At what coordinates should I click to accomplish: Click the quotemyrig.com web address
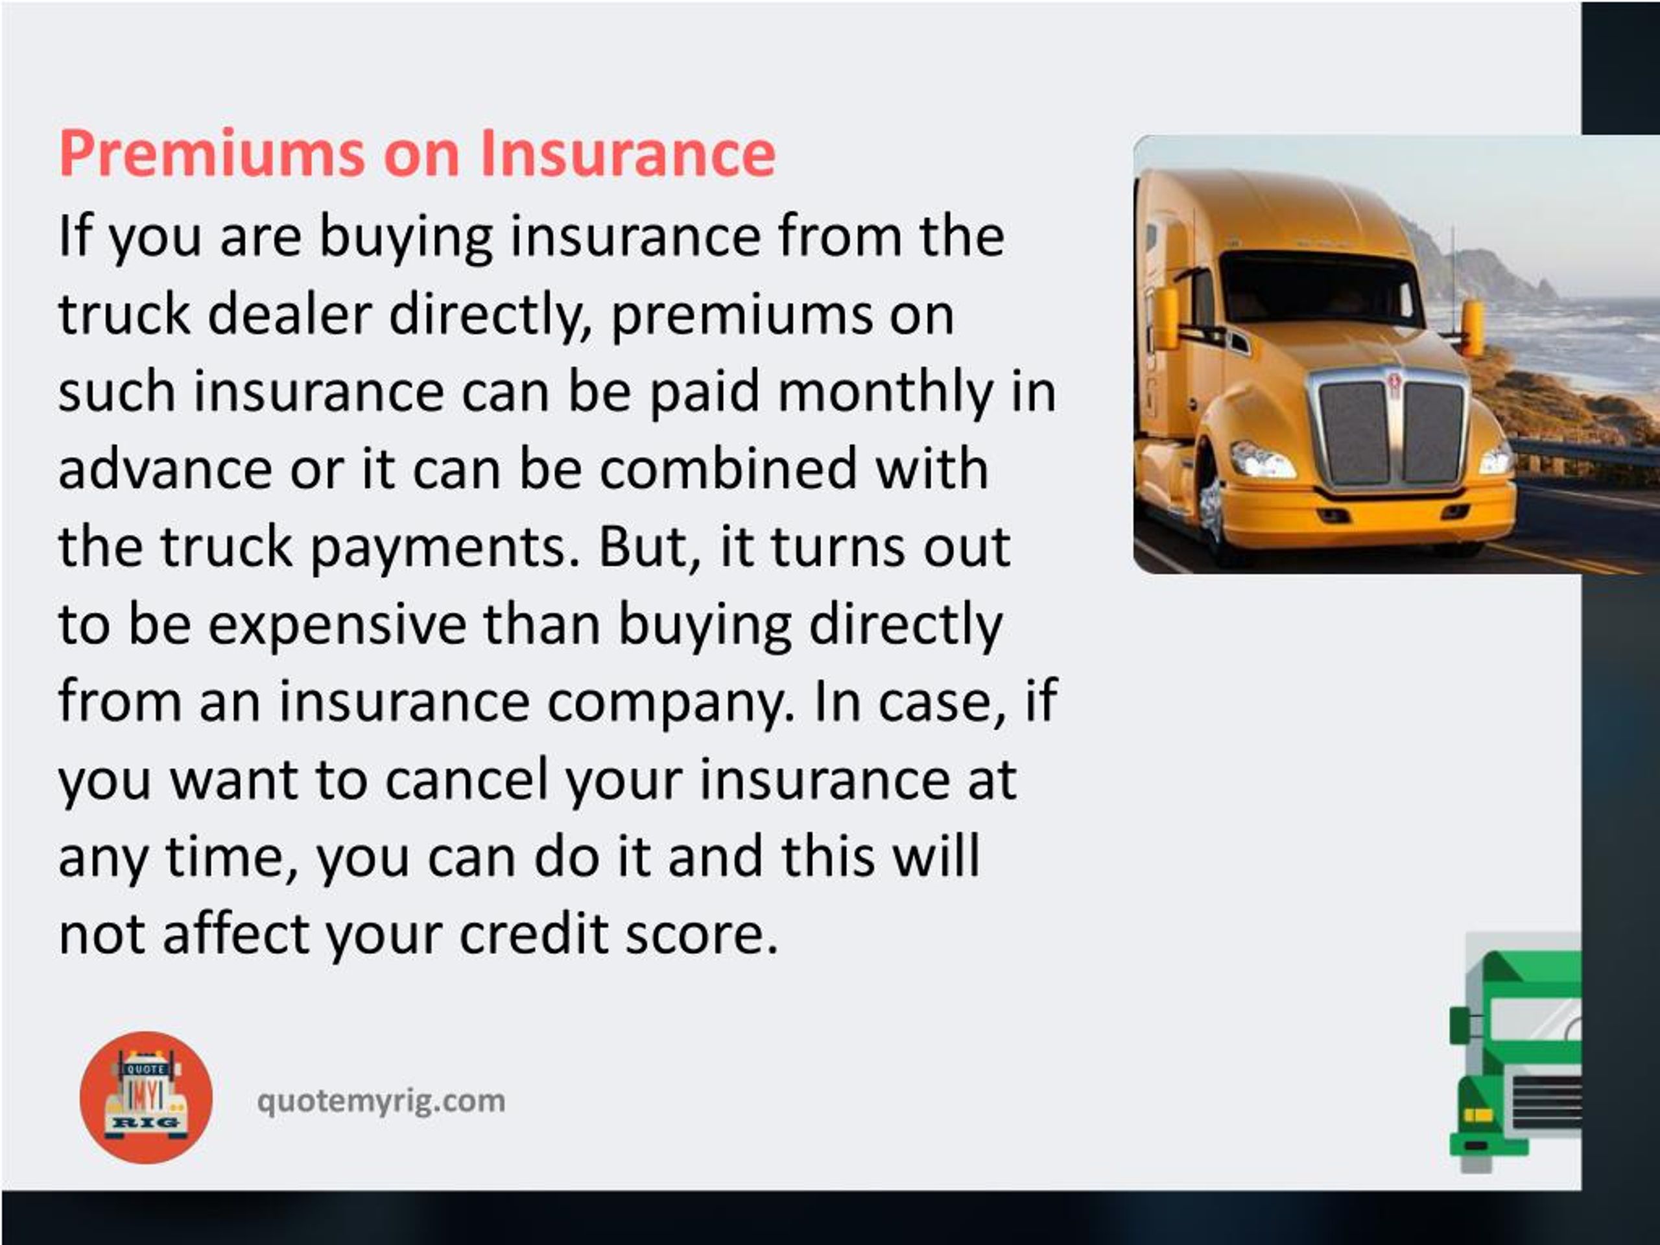click(x=381, y=1102)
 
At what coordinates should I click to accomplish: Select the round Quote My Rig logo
click(x=146, y=1097)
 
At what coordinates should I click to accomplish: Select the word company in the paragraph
click(x=669, y=703)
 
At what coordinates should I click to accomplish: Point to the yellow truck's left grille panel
click(x=1355, y=434)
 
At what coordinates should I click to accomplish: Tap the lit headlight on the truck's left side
click(x=1263, y=459)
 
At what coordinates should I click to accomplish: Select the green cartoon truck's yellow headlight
click(x=1478, y=1115)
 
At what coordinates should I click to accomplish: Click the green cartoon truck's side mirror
click(x=1460, y=1025)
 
